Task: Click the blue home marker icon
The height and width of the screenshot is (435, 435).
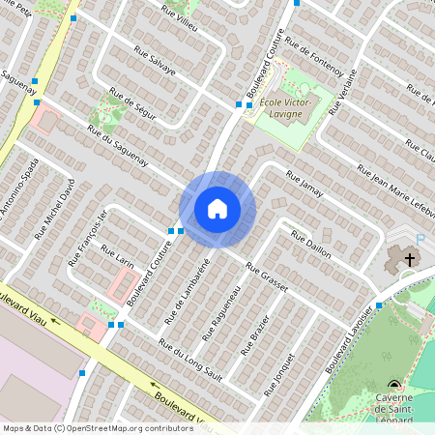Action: [217, 209]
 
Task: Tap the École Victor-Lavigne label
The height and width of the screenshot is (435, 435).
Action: [280, 109]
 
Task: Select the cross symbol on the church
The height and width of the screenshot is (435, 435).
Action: [410, 259]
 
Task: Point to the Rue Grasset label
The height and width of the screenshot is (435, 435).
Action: [267, 275]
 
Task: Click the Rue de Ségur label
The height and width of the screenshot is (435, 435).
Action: [132, 104]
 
